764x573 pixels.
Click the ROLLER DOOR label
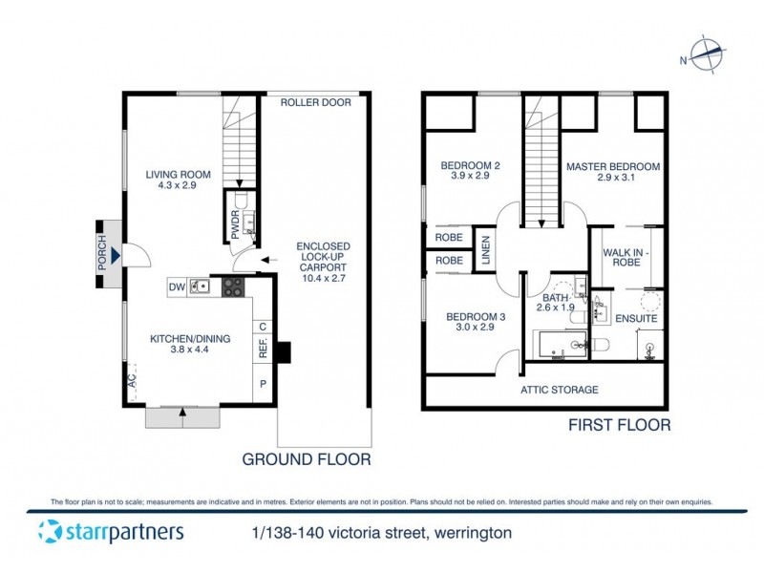pos(316,103)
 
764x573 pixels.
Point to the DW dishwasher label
pos(176,286)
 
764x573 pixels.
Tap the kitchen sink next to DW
pos(201,286)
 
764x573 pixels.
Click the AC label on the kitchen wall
pos(131,382)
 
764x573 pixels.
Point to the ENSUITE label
pos(629,318)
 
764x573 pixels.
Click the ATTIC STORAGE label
pos(559,390)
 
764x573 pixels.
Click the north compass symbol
pos(708,55)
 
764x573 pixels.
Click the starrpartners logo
pos(111,531)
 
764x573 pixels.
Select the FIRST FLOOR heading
pos(621,425)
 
